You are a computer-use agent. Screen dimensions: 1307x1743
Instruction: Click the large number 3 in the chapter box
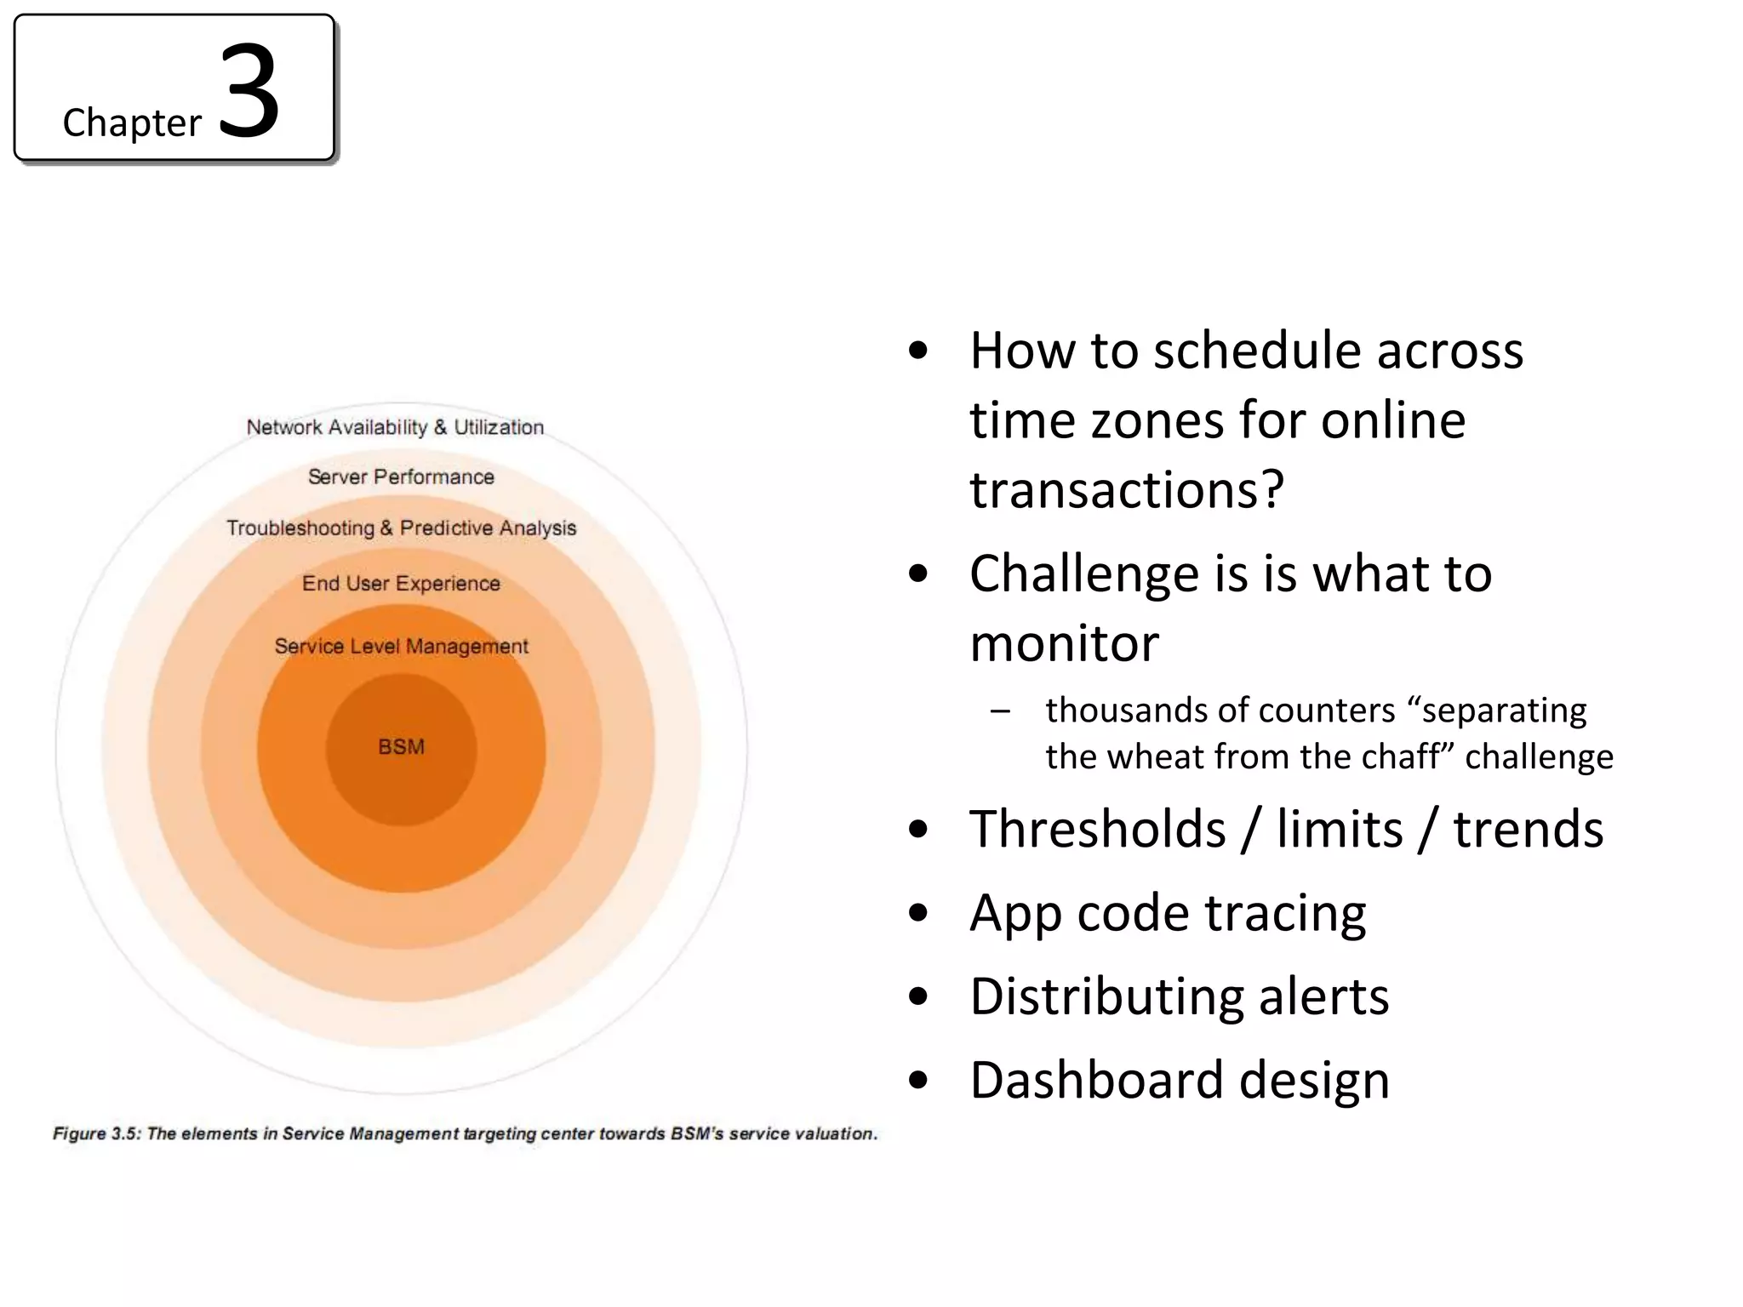(249, 92)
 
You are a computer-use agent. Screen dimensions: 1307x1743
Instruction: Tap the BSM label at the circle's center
(401, 747)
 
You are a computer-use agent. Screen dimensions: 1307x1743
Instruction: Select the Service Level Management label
(401, 647)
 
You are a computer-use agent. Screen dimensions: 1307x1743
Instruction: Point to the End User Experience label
(401, 584)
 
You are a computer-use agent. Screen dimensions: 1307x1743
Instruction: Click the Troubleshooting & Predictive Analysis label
(401, 528)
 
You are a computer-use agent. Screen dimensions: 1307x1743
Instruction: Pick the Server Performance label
(401, 477)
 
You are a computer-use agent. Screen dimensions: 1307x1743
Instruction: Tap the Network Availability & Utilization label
(395, 427)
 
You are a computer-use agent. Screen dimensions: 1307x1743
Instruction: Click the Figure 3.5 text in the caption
(96, 1134)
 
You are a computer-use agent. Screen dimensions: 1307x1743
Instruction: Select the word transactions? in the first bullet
(1126, 490)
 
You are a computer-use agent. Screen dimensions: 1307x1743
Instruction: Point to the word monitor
(1064, 643)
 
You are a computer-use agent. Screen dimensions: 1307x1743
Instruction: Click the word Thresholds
(1097, 830)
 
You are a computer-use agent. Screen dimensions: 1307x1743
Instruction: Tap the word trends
(1528, 830)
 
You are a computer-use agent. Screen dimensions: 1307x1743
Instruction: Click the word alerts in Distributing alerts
(1323, 997)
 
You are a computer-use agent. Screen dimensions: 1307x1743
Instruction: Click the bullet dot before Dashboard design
(917, 1081)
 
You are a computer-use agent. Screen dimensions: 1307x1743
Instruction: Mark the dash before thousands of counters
(1000, 711)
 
